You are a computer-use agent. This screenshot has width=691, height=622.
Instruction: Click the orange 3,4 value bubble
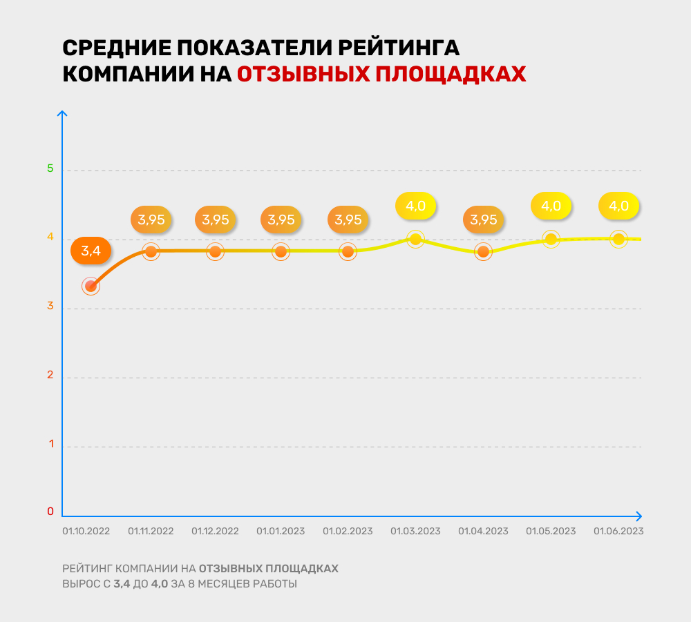91,251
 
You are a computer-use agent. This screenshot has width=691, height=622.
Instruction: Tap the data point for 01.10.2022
91,286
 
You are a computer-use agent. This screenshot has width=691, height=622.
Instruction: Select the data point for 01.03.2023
415,240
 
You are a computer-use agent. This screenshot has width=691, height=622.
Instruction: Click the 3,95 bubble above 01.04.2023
483,220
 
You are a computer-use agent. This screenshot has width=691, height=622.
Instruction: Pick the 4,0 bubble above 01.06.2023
618,206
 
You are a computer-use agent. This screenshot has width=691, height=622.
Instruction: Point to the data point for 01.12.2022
216,251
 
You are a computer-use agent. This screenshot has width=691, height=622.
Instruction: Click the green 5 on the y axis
50,169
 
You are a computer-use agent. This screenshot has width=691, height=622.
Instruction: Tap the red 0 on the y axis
50,512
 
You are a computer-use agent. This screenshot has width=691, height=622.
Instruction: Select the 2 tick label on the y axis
50,375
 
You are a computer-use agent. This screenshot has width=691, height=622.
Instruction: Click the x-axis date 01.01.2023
281,532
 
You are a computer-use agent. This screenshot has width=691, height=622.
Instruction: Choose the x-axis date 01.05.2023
551,532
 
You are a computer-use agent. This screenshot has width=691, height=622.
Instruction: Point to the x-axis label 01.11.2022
151,532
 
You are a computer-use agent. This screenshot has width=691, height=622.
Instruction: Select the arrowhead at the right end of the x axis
638,516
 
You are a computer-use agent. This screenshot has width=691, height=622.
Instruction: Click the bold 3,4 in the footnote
122,584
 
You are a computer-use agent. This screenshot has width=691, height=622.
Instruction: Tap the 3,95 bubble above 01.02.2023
348,220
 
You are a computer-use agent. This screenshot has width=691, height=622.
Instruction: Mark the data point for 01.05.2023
551,240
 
